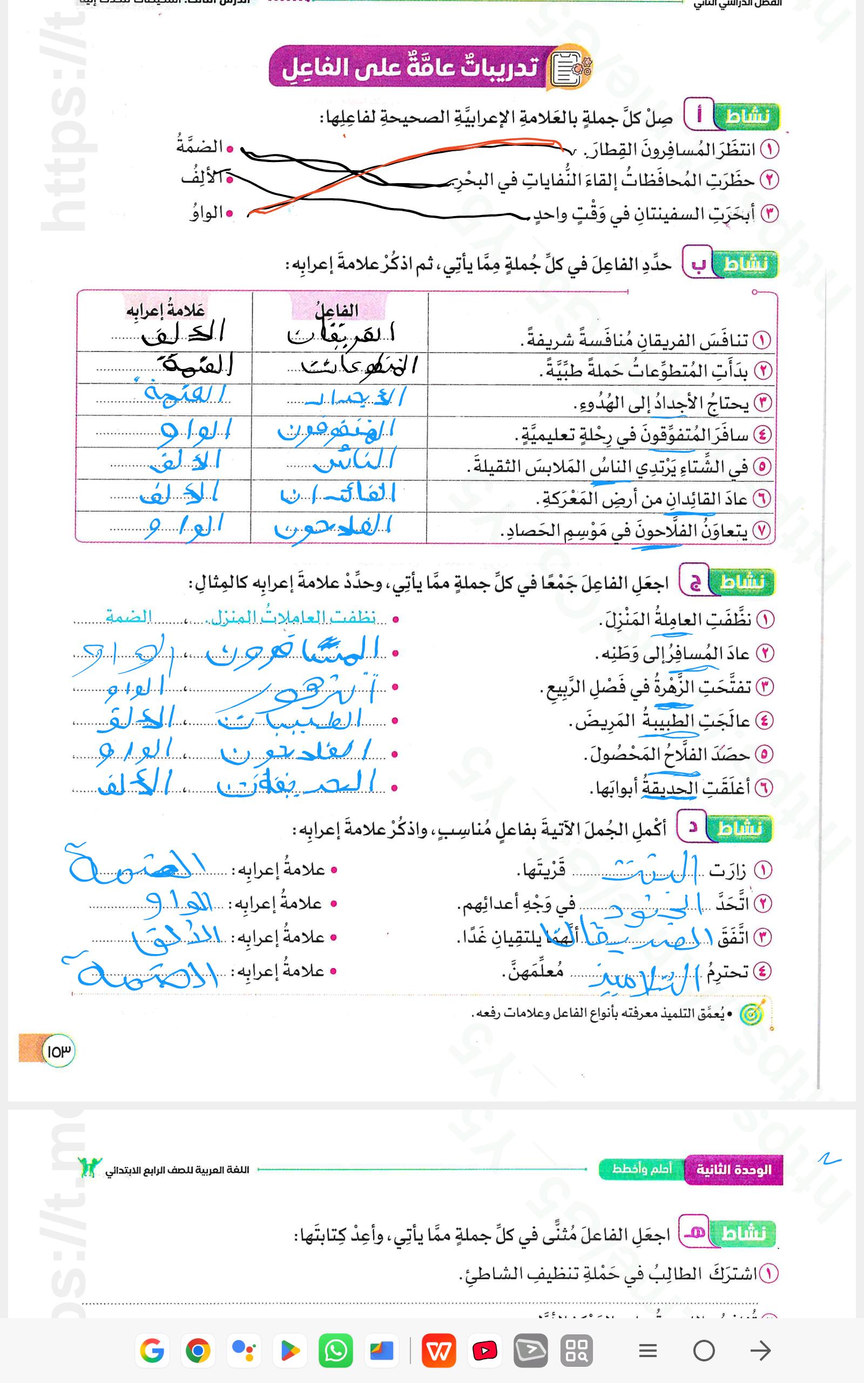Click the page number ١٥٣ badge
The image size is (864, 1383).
pos(58,1051)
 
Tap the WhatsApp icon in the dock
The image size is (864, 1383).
pos(335,1351)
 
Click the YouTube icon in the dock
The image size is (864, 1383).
pos(484,1351)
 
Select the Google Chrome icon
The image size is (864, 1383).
pos(198,1351)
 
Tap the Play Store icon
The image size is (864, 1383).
pos(290,1351)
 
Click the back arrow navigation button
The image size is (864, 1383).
pos(760,1351)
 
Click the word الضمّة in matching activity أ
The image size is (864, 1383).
pos(199,146)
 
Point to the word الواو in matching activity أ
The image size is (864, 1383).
pos(206,214)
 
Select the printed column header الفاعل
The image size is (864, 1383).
pos(337,310)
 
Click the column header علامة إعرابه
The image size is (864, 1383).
pos(165,310)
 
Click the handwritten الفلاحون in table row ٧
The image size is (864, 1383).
pos(333,527)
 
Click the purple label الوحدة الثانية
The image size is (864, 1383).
pos(734,1169)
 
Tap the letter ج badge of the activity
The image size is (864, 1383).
pos(694,582)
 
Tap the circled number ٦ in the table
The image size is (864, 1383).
pos(761,499)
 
